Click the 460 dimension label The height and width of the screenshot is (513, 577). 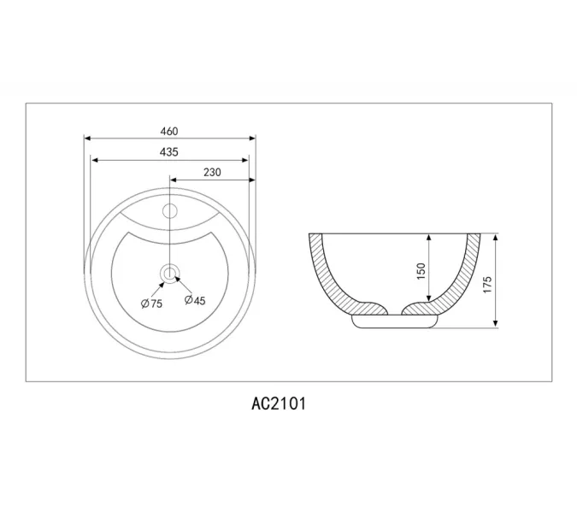coord(169,131)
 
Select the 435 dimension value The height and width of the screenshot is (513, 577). coord(169,151)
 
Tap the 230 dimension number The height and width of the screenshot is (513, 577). coord(212,172)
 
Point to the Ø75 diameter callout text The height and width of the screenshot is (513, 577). coord(151,304)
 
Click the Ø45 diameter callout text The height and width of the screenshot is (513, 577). coord(195,300)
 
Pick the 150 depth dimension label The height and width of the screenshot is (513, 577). coord(421,271)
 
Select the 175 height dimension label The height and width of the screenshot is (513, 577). coord(487,285)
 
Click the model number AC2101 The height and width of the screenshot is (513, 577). coord(279,404)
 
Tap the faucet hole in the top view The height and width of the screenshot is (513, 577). coord(170,211)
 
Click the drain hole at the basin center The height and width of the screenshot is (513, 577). coord(169,274)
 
